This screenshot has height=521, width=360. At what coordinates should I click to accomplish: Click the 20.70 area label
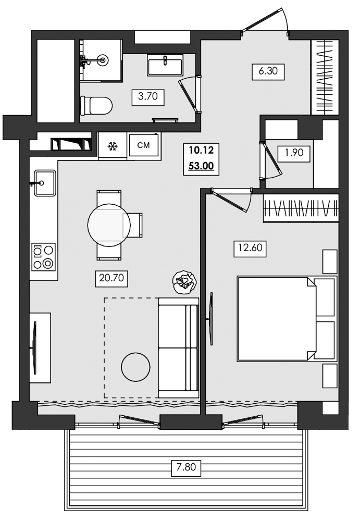[111, 279]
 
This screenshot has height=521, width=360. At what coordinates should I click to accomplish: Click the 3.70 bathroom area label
[148, 96]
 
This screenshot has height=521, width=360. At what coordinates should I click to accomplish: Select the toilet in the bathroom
[97, 106]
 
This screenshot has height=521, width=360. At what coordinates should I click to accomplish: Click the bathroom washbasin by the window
[165, 65]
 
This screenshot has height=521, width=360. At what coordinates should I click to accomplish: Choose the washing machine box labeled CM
[143, 145]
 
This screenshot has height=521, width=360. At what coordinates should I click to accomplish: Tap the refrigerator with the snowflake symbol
[111, 146]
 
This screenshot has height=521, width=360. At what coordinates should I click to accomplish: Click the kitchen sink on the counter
[45, 183]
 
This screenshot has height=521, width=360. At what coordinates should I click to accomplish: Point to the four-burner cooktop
[43, 257]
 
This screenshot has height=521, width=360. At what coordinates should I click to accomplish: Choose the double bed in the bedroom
[276, 318]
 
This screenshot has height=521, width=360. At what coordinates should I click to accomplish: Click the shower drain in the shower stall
[103, 60]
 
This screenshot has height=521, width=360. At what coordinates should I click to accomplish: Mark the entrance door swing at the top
[266, 21]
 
